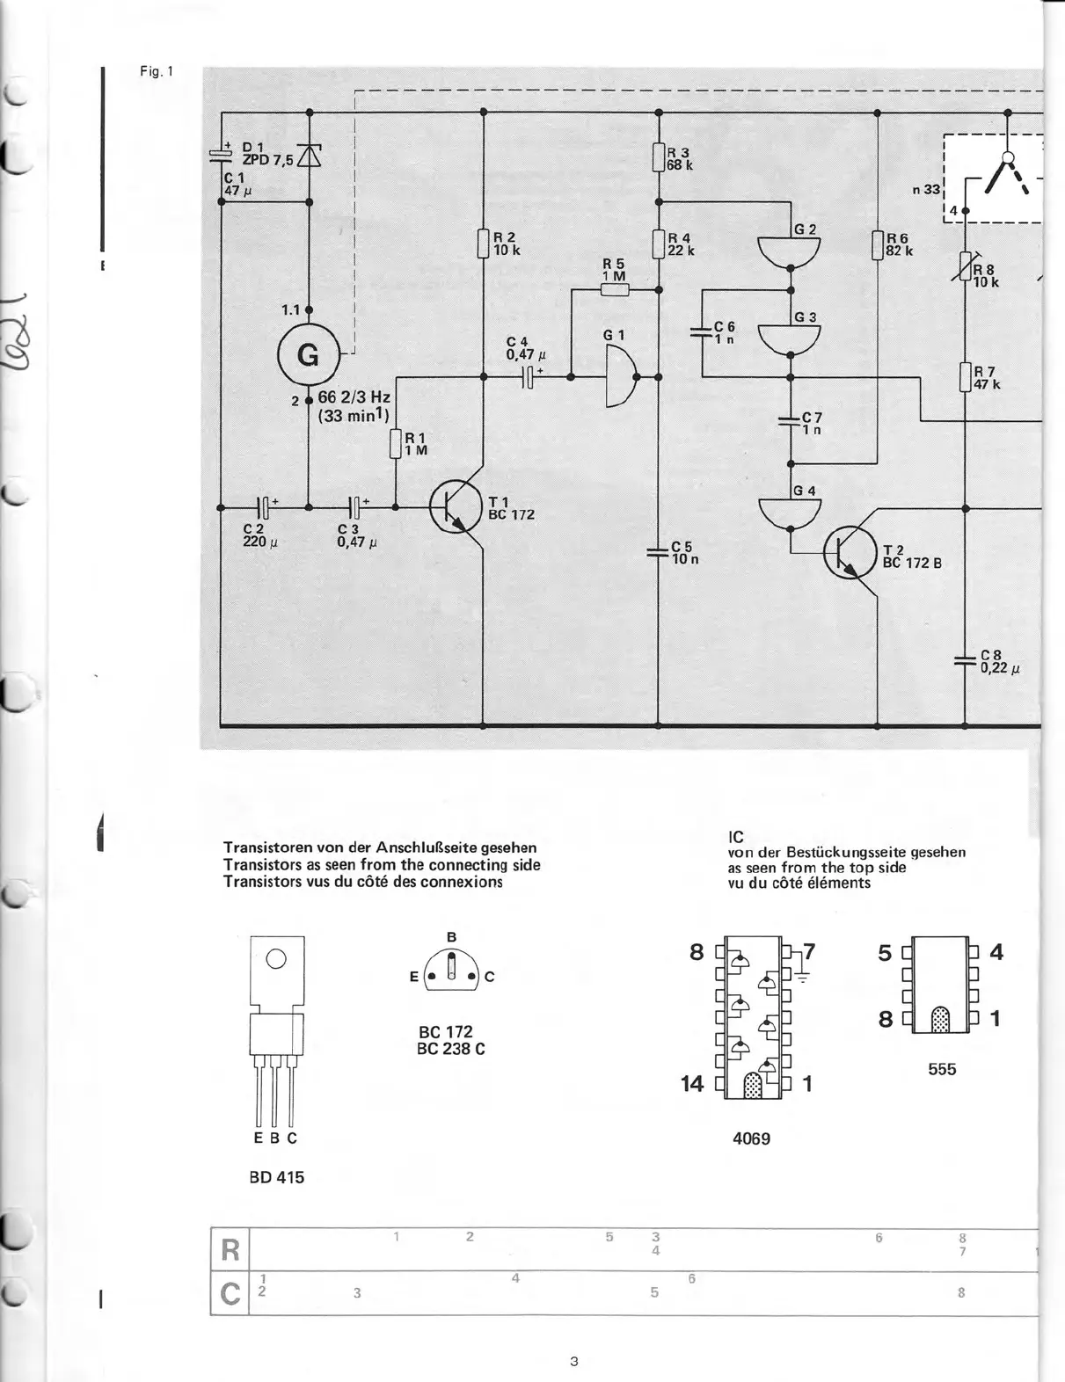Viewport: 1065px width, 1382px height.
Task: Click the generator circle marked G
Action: tap(308, 354)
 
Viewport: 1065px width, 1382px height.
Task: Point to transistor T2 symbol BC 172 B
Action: tap(850, 552)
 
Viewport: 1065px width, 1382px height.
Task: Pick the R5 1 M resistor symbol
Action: tap(614, 289)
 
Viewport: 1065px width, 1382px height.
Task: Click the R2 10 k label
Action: tap(506, 244)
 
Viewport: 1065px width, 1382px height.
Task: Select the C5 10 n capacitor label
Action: tap(684, 553)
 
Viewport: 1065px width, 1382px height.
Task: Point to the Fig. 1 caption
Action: tap(157, 71)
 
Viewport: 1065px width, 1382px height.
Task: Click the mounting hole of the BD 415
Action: tap(276, 959)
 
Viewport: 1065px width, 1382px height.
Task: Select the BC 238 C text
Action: tap(450, 1049)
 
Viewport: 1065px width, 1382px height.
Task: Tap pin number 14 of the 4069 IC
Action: tap(692, 1084)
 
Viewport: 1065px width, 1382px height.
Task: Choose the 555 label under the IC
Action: tap(941, 1069)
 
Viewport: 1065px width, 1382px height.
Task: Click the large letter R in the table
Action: tap(230, 1249)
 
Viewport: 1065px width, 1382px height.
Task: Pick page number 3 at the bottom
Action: tap(573, 1361)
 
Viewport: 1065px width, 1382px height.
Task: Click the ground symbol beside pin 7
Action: tap(802, 976)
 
